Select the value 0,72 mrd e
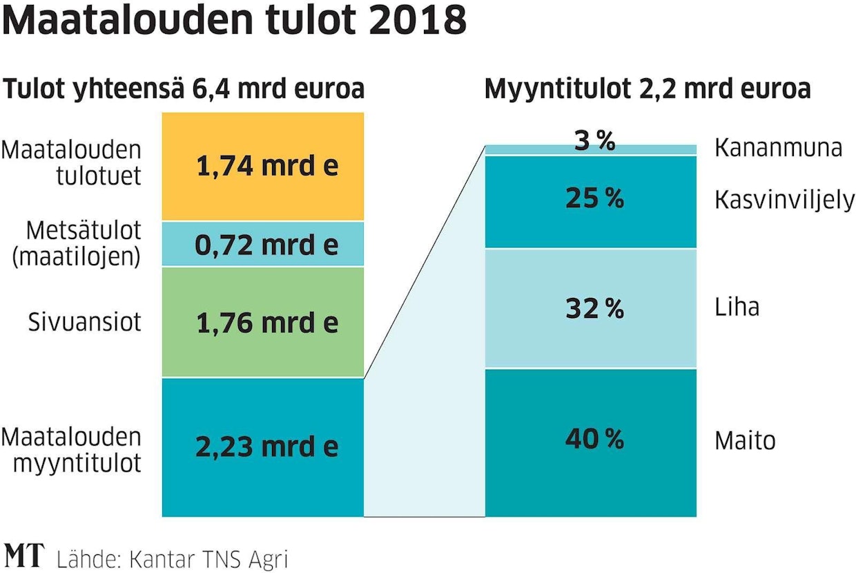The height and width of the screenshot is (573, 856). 267,245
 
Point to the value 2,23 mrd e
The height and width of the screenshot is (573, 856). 267,447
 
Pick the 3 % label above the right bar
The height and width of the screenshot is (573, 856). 594,142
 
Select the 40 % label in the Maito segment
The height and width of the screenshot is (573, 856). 594,439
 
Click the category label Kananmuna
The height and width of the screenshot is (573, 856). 778,148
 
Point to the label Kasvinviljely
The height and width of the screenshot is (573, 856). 784,200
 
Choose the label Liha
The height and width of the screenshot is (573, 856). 737,306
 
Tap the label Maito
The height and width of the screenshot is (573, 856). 745,440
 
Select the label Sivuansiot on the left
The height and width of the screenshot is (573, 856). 84,322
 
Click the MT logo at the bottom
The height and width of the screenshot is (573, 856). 25,555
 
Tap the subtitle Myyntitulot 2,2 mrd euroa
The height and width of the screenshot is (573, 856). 648,89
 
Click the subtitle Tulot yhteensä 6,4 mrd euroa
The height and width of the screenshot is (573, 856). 184,89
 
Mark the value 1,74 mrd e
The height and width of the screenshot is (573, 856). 267,167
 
